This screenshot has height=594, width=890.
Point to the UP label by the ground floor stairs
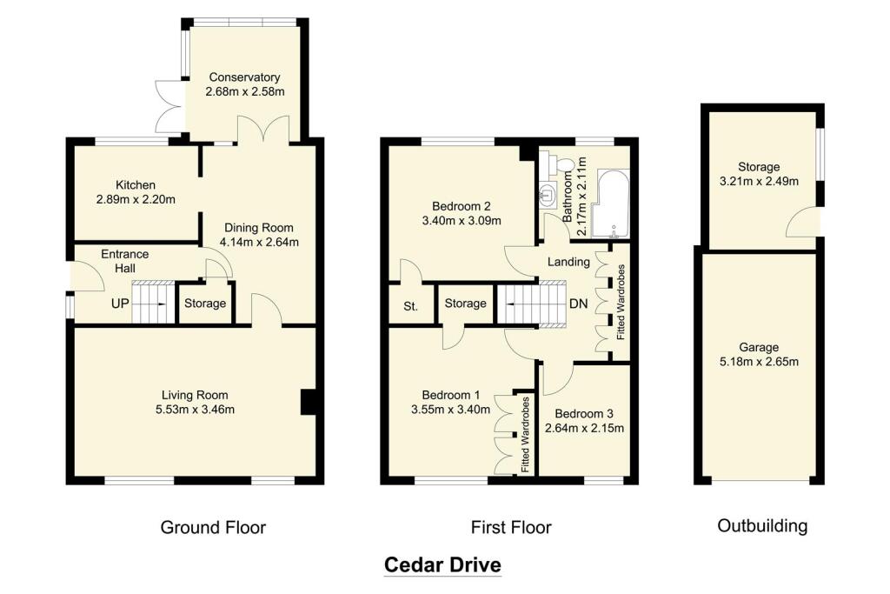point(120,304)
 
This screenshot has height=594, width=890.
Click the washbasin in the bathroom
point(548,191)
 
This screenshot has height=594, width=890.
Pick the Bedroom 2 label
point(462,206)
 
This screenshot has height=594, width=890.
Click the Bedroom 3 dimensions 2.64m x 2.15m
point(584,428)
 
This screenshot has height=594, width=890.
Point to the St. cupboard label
point(410,306)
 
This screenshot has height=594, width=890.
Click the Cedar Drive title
point(443,565)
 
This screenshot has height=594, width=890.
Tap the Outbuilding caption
point(762,525)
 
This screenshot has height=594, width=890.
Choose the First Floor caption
point(511,527)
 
